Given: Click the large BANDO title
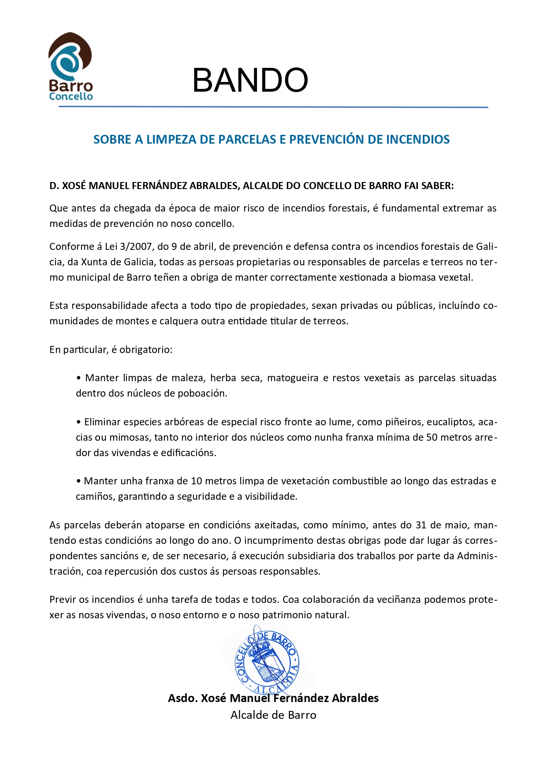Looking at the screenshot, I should [250, 80].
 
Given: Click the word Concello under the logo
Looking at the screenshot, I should [71, 97].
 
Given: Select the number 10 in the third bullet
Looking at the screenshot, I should [196, 481].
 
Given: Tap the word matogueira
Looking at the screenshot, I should [293, 378].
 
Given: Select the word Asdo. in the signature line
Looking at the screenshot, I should [182, 698].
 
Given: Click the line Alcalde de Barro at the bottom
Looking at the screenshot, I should [273, 715].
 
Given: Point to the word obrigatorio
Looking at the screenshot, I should [145, 349].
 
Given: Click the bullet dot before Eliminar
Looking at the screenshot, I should [79, 422].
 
